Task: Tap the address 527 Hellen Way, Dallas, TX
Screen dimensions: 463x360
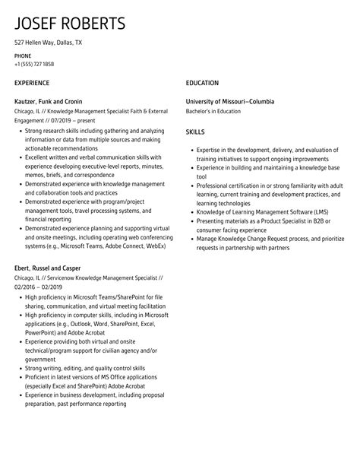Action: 49,43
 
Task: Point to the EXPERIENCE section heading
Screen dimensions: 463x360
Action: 32,82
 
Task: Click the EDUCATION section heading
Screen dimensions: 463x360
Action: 202,82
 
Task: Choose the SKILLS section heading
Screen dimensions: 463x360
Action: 195,132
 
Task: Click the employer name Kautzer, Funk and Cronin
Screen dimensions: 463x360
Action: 48,101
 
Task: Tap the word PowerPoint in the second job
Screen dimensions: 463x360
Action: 39,332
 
